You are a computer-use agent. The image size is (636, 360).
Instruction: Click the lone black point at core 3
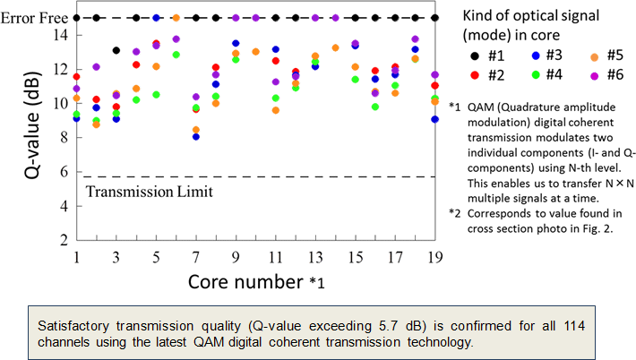click(116, 51)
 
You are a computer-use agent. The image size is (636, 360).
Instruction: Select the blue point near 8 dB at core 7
click(196, 137)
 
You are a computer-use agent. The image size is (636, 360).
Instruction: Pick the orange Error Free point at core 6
click(176, 18)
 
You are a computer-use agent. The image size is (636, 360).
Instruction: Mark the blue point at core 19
click(434, 119)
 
